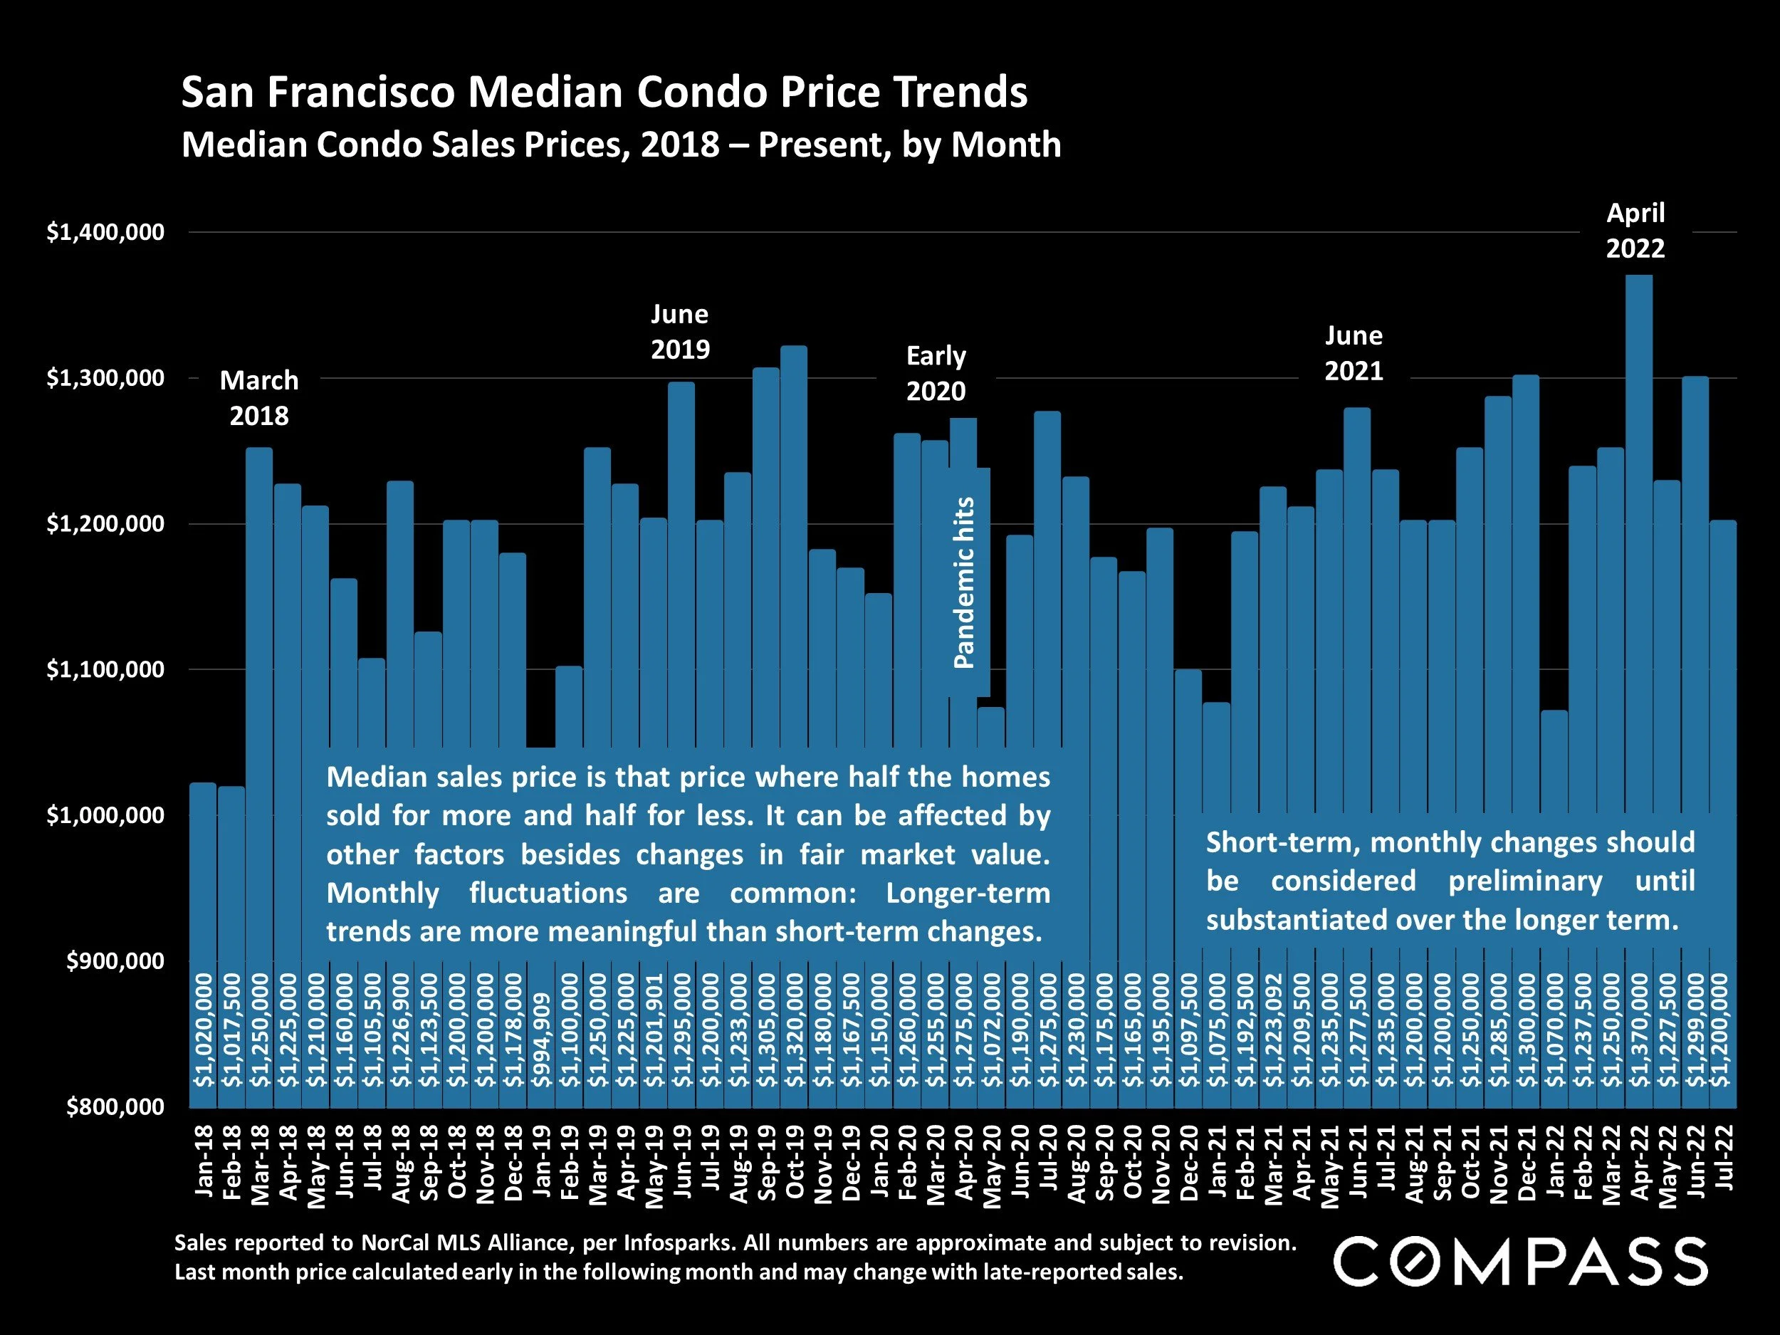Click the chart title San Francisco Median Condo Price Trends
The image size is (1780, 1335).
(x=604, y=93)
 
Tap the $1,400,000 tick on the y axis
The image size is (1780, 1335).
(x=105, y=233)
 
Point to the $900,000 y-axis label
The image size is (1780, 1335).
(x=115, y=960)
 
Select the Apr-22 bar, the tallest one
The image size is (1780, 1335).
(x=1638, y=563)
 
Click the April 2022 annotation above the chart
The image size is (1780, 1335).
(x=1635, y=230)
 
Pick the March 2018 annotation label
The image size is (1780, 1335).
(x=259, y=397)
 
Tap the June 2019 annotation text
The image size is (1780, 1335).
(x=680, y=332)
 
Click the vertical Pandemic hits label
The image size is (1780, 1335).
(x=964, y=582)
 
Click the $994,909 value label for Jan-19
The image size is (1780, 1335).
(x=543, y=1040)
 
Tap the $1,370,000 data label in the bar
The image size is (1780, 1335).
(x=1638, y=1030)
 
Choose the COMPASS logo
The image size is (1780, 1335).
(x=1520, y=1261)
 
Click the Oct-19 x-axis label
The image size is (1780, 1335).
(x=795, y=1163)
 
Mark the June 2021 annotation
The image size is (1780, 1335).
(x=1354, y=353)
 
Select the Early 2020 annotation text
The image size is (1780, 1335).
(x=936, y=373)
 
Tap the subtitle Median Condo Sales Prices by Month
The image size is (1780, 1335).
(x=620, y=145)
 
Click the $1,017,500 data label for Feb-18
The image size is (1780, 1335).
(x=231, y=1030)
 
